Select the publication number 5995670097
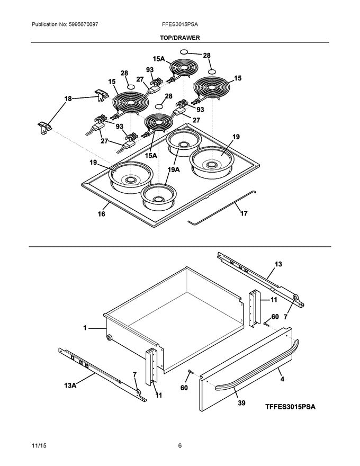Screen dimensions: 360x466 click(x=83, y=24)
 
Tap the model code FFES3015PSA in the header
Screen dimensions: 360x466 click(x=180, y=24)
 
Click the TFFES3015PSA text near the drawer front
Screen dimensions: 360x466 click(x=290, y=407)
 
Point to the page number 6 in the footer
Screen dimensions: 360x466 click(x=180, y=445)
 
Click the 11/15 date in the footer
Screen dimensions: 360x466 click(x=39, y=445)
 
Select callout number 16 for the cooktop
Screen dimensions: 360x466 click(x=101, y=214)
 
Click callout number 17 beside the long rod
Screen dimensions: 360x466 click(x=244, y=213)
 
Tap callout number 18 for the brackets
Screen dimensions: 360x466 click(x=68, y=98)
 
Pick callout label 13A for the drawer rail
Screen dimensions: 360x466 click(x=70, y=386)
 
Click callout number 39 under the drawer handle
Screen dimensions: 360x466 click(x=242, y=403)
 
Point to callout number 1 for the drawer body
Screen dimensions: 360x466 click(x=85, y=328)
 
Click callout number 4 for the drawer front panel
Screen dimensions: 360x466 click(x=282, y=379)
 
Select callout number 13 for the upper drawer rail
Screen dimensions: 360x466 click(x=278, y=264)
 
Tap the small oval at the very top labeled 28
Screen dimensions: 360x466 click(x=184, y=52)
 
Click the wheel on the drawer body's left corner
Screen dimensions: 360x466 click(x=109, y=338)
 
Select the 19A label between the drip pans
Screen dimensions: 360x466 click(x=174, y=169)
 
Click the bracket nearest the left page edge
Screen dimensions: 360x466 click(x=44, y=127)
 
